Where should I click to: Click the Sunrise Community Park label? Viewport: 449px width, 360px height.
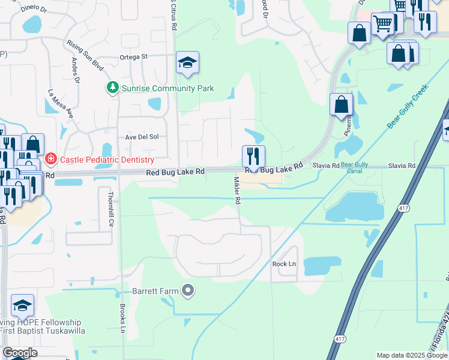(167, 88)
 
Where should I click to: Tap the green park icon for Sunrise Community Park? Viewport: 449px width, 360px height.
(112, 88)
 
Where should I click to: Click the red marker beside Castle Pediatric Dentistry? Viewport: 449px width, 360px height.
(51, 160)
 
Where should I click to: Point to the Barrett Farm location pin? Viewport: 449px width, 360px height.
(188, 291)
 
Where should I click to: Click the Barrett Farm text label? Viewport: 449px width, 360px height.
(155, 292)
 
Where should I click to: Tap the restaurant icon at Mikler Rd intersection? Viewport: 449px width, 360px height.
(253, 157)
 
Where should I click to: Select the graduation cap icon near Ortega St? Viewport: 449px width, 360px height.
(187, 62)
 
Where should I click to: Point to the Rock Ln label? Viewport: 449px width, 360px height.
(284, 264)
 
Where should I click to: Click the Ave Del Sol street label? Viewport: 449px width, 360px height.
(142, 137)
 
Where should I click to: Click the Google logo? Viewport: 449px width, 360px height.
(19, 353)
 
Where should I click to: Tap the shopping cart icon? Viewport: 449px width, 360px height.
(382, 24)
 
